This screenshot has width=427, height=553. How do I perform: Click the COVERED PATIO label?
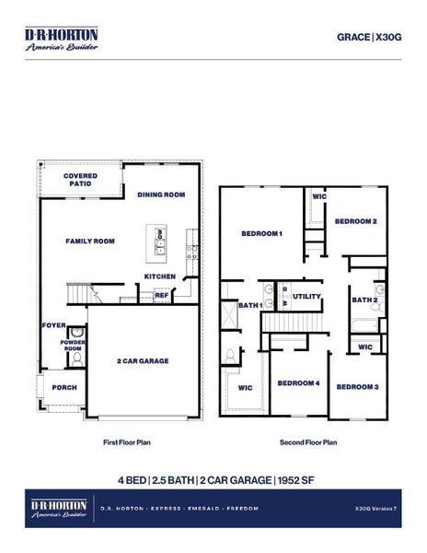point(80,180)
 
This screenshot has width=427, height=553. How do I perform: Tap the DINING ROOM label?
point(161,194)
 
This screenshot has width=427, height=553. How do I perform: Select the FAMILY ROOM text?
point(89,241)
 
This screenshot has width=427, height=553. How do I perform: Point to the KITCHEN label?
point(160,276)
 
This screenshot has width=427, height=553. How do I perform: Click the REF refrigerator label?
point(161,295)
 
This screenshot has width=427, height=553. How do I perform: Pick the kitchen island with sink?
point(159,240)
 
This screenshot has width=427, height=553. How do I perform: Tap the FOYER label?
point(52,325)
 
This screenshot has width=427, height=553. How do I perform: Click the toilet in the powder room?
point(76,334)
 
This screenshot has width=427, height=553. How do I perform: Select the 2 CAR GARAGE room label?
point(143,361)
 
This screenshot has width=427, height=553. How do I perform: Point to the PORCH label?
point(63,387)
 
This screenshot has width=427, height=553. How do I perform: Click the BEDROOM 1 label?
point(261,233)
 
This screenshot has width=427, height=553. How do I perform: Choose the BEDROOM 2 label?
point(354,221)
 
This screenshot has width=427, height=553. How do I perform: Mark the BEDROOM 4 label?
point(298,382)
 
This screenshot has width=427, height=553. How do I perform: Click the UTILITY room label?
point(306,296)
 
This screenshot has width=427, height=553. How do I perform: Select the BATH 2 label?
point(364,300)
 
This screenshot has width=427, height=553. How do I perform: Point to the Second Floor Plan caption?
point(307,442)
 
